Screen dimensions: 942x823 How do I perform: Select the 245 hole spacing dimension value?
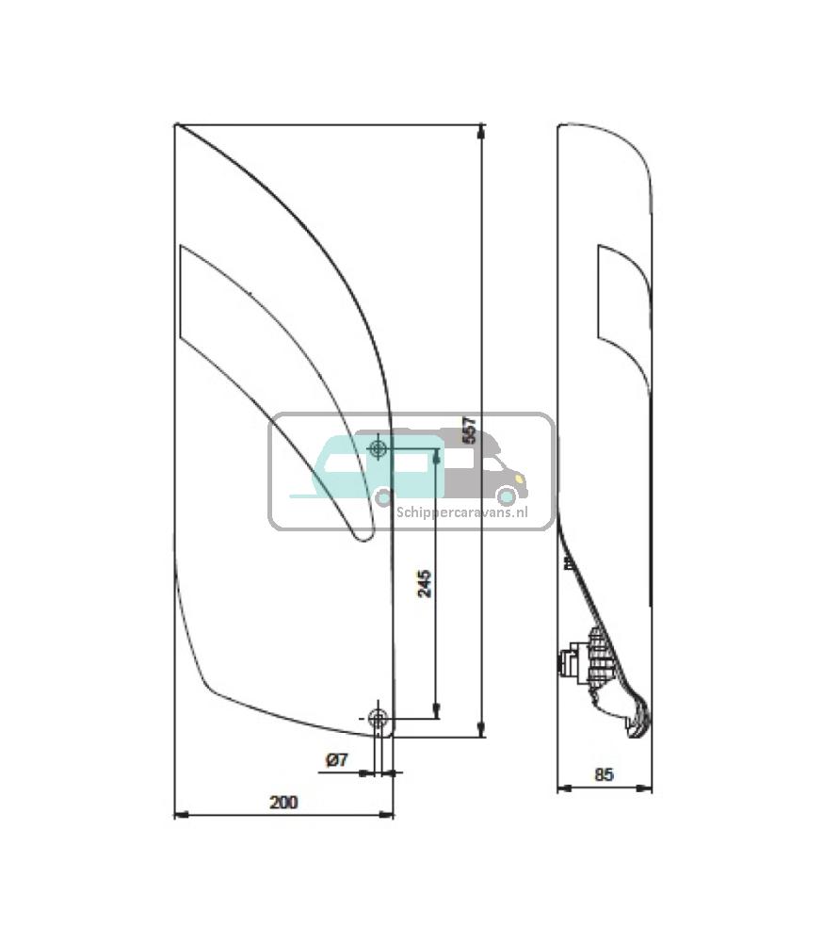424,583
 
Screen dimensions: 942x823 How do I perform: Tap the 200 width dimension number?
282,803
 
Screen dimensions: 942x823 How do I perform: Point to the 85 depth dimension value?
605,775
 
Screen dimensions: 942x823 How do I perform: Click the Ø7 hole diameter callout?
336,759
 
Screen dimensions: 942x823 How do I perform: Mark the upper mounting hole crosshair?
379,449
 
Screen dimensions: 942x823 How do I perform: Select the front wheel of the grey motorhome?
507,495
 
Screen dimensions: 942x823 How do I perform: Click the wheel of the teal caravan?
382,496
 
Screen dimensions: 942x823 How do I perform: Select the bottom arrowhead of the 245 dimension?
435,712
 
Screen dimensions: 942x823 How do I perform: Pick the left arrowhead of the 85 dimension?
562,788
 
